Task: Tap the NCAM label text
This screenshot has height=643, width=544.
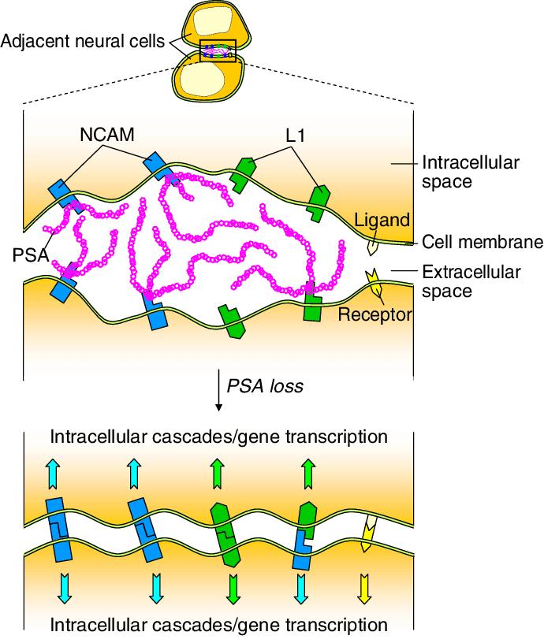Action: pyautogui.click(x=106, y=135)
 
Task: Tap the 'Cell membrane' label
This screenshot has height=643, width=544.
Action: pyautogui.click(x=483, y=242)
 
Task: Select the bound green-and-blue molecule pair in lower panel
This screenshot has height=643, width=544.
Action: pyautogui.click(x=304, y=535)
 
